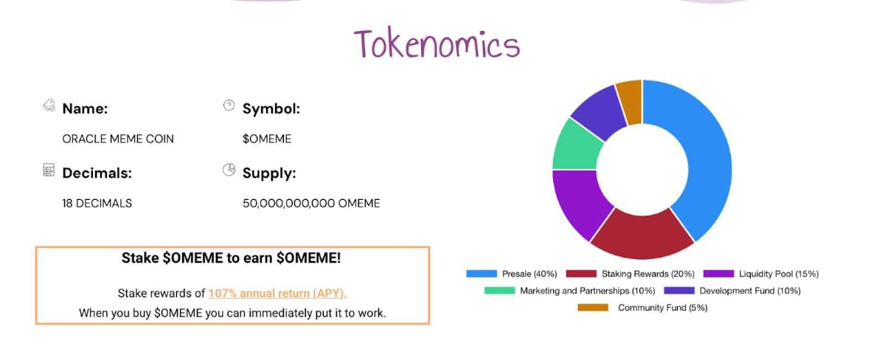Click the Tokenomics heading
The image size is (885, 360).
[x=437, y=44]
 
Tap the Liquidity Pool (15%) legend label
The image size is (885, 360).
[x=778, y=274]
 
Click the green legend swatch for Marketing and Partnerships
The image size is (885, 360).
[x=499, y=291]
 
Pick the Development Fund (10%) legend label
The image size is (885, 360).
[x=750, y=291]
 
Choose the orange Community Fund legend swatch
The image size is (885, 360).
[x=593, y=308]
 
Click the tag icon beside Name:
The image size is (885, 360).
[x=49, y=106]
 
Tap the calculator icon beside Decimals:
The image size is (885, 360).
[x=49, y=170]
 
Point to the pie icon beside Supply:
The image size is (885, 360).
[x=229, y=170]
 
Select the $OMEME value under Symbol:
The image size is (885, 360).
[x=267, y=139]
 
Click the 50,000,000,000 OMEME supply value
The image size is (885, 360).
[x=311, y=203]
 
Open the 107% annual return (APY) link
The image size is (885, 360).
[x=277, y=293]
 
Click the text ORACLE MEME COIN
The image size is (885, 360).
[x=118, y=139]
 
